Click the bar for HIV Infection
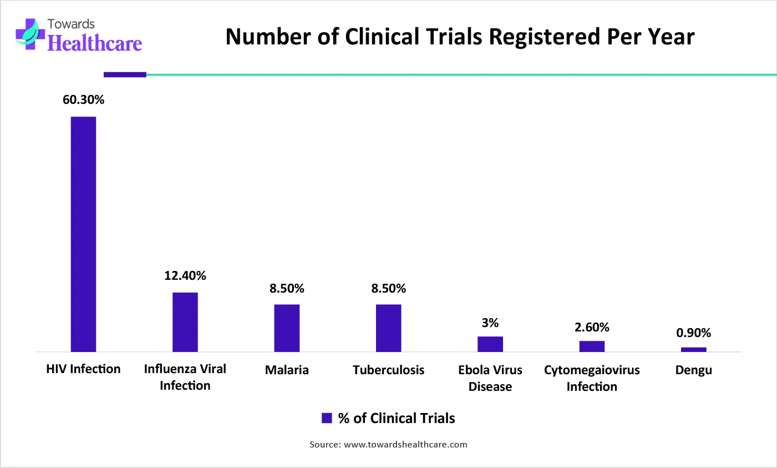click(x=83, y=234)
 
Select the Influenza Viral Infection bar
click(x=185, y=322)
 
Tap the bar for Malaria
click(x=287, y=328)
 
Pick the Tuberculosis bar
click(x=388, y=328)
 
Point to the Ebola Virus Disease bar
click(x=490, y=344)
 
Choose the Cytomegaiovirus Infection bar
click(x=592, y=346)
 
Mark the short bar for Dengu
click(x=693, y=349)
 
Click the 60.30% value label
click(x=83, y=100)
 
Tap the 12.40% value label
click(x=185, y=276)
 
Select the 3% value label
click(x=490, y=323)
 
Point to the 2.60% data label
click(x=592, y=328)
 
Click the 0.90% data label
click(x=693, y=333)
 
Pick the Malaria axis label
click(x=287, y=370)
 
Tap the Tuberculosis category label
click(x=388, y=370)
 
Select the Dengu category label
click(x=693, y=370)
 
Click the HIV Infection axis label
click(x=83, y=369)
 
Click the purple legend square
click(x=327, y=419)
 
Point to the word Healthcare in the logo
click(x=95, y=43)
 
